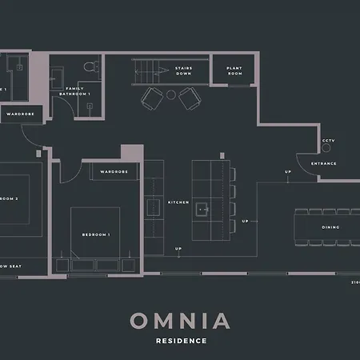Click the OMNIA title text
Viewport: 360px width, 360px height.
coord(180,321)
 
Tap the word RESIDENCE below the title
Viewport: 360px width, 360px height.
coord(181,341)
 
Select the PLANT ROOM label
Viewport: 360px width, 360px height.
coord(234,70)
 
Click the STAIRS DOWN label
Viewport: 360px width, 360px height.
coord(183,70)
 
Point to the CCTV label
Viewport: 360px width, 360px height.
coord(327,142)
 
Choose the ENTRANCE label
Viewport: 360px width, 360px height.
coord(324,164)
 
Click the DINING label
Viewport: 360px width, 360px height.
coord(330,227)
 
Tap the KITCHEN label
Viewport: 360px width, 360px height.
coord(178,202)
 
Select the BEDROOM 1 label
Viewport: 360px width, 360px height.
coord(96,234)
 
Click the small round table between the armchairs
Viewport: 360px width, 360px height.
coord(170,94)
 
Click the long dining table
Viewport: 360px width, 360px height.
coord(326,227)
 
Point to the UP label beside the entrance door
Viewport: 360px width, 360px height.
coord(287,172)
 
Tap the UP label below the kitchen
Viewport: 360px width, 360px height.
coord(178,249)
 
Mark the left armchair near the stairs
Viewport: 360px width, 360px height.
coord(152,98)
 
